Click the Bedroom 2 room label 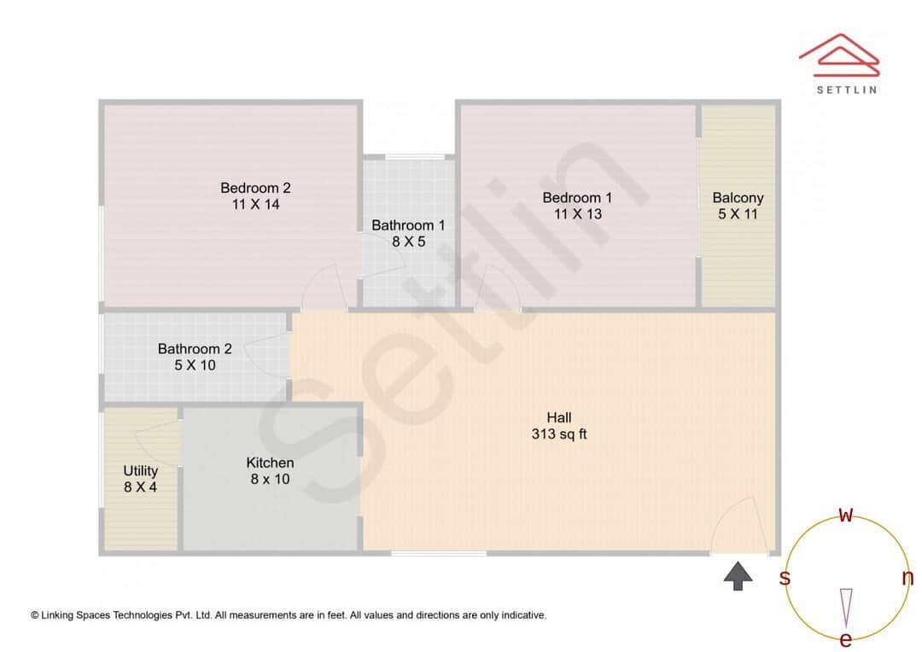tap(255, 188)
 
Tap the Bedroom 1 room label tap(577, 197)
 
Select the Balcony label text tap(738, 197)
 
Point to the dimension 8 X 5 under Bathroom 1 tap(408, 242)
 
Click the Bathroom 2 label tap(195, 348)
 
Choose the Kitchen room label tap(270, 463)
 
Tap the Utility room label tap(140, 470)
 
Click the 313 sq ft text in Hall tap(558, 434)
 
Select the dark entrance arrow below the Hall tap(738, 576)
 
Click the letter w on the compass tap(846, 514)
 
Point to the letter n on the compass tap(907, 578)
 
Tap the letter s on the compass tap(785, 578)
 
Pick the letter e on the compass tap(846, 639)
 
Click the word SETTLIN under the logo tap(846, 89)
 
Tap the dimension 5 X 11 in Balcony tap(738, 213)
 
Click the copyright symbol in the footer tap(35, 614)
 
